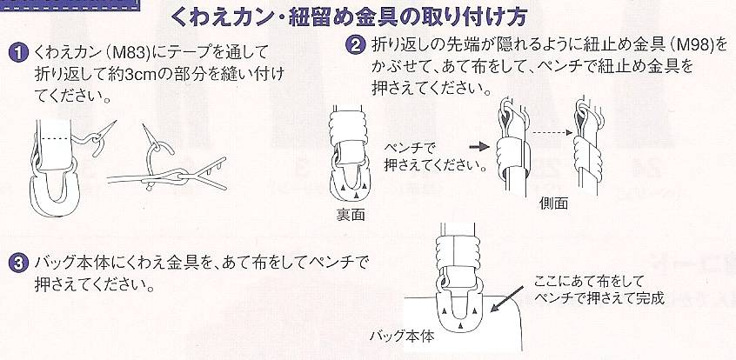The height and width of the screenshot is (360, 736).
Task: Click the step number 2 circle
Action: coord(354,46)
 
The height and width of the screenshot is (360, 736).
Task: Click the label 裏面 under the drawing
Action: coord(351,216)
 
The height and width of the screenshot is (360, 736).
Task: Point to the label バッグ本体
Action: coord(402,336)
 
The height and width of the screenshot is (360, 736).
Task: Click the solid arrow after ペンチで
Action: coord(478,147)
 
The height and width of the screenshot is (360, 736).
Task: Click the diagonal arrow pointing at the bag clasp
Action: coord(507,300)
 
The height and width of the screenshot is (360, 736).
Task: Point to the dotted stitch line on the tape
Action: coord(55,139)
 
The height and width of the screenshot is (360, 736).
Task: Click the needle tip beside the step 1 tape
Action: coord(115,122)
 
